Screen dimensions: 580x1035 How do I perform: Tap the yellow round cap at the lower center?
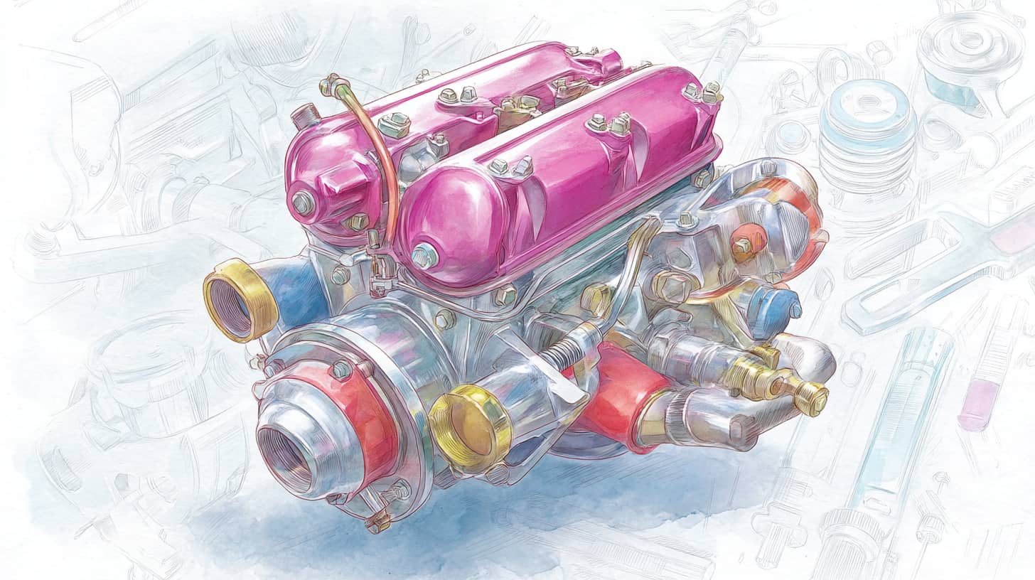(x=469, y=426)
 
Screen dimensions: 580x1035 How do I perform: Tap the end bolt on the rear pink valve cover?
(x=303, y=203)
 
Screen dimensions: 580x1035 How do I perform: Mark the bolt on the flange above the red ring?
(x=340, y=370)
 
